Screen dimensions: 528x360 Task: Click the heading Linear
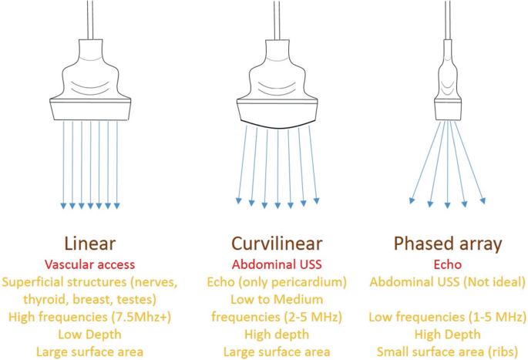coord(90,244)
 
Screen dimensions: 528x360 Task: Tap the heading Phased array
coord(448,244)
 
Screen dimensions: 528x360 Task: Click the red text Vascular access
coord(90,264)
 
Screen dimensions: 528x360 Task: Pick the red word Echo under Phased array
coord(448,264)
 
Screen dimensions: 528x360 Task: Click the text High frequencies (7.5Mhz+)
coord(90,316)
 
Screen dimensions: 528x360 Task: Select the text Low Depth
coord(90,334)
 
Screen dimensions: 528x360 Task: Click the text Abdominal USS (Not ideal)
coord(448,281)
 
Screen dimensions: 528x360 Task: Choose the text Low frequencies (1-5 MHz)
coord(448,316)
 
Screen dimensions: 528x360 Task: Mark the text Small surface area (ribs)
coord(448,351)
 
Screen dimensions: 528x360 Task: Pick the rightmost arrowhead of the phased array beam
coord(484,201)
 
